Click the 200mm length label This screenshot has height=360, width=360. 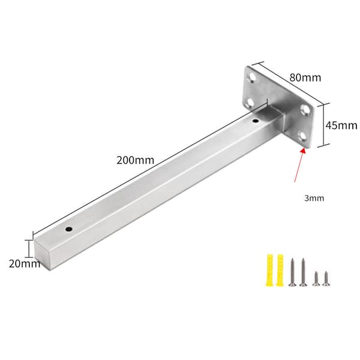coord(135,160)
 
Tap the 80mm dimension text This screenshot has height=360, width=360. coord(305,77)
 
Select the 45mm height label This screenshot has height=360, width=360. coord(341,125)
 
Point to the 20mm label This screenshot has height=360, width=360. coord(25,264)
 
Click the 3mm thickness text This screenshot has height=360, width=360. coord(314,198)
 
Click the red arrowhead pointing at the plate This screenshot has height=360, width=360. coord(303,151)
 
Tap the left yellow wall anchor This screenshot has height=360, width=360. coord(270,270)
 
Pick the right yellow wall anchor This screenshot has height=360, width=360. coord(280,270)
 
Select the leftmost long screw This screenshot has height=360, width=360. coord(292,272)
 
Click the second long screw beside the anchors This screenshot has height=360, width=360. coord(303,272)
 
